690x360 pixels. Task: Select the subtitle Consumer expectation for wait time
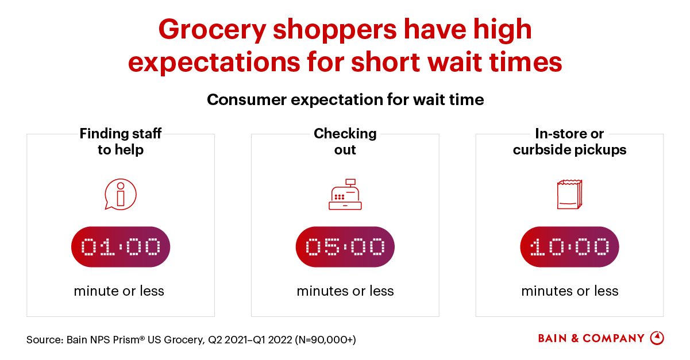[x=345, y=100]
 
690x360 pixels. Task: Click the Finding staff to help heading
[x=121, y=142]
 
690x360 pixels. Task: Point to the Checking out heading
[x=345, y=142]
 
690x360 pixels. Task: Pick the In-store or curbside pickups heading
[x=569, y=142]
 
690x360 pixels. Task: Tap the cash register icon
[x=345, y=196]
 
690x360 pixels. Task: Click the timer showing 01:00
[x=121, y=247]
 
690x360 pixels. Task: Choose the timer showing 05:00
[x=345, y=247]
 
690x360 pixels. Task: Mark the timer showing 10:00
[x=569, y=247]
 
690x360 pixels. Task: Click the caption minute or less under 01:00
[x=119, y=291]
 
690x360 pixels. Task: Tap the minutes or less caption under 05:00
[x=345, y=291]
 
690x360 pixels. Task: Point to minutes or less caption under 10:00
[x=570, y=291]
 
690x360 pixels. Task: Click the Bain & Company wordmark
[x=591, y=338]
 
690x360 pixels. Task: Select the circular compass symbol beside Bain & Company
[x=657, y=338]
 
